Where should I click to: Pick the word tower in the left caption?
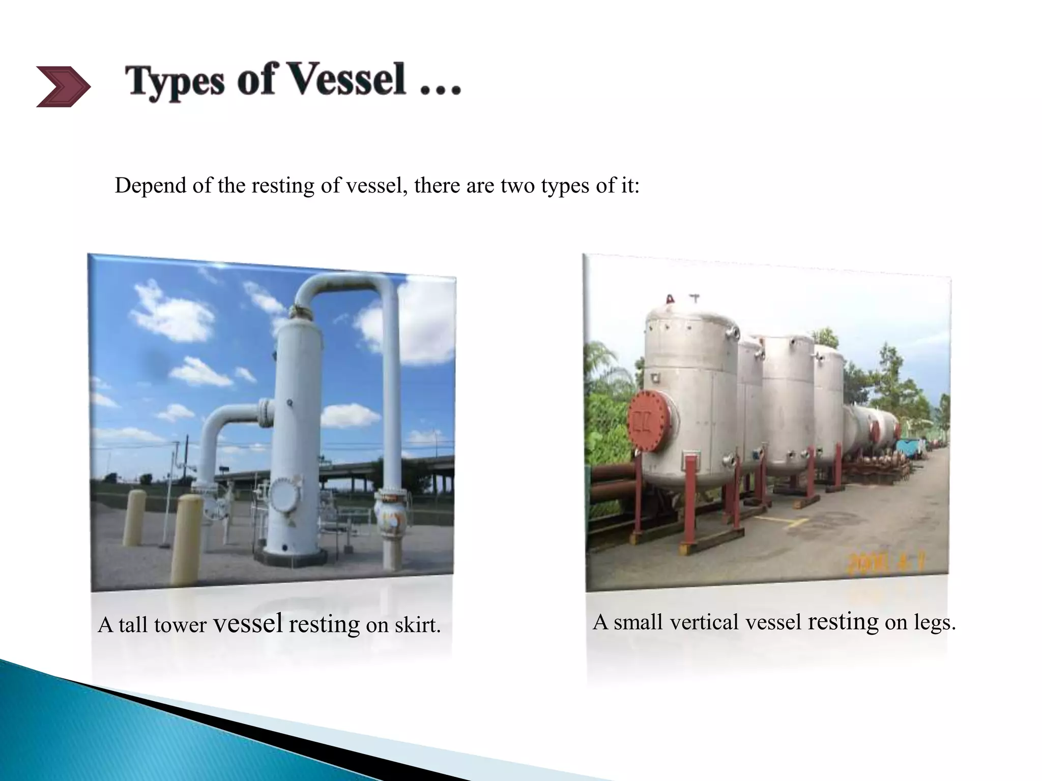click(180, 625)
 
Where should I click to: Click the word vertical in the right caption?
click(704, 622)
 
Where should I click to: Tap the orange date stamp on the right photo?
click(885, 563)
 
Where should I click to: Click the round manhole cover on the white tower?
click(282, 495)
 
